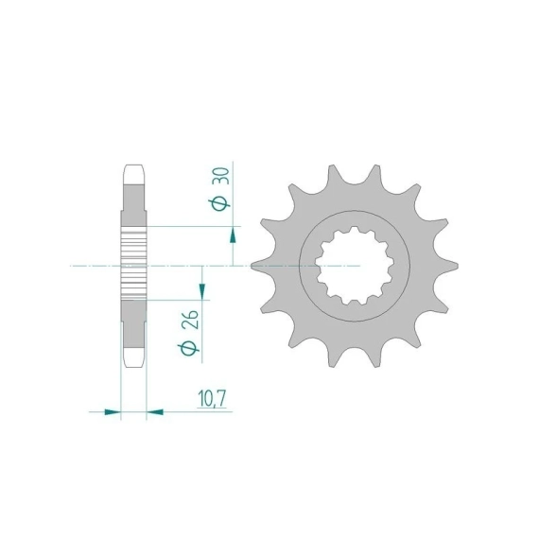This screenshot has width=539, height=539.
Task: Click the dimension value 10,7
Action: tap(212, 399)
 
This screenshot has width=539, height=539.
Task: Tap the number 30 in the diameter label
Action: tap(221, 176)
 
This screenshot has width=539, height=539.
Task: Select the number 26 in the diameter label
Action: tap(190, 320)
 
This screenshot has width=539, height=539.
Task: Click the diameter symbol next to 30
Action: tap(219, 204)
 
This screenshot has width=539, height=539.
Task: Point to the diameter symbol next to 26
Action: tap(189, 348)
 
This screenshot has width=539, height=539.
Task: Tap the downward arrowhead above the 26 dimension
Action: tap(202, 291)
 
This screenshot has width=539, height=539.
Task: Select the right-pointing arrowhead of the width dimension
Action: tap(113, 411)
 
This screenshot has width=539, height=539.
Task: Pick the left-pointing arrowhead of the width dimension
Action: tap(155, 411)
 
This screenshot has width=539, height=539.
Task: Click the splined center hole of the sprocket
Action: tap(355, 266)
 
